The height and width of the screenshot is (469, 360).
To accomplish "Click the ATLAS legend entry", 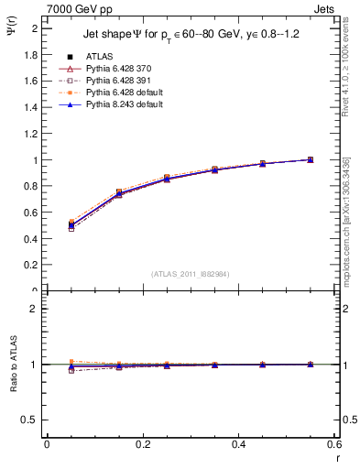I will tap(95, 56).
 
